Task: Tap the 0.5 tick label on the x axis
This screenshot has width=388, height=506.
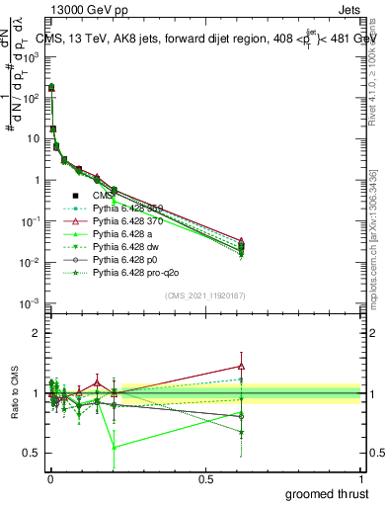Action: pyautogui.click(x=205, y=478)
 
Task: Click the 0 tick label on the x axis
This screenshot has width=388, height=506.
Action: pyautogui.click(x=50, y=478)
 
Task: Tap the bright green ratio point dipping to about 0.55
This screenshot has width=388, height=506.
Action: pyautogui.click(x=115, y=447)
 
